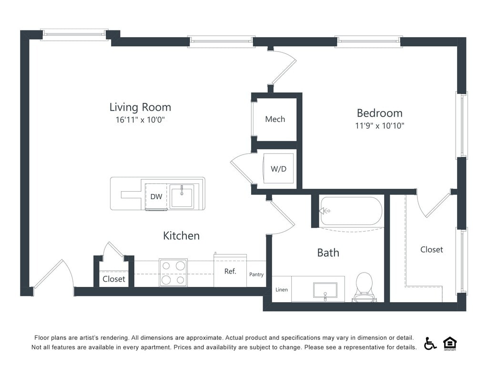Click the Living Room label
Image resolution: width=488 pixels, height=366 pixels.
[x=140, y=107]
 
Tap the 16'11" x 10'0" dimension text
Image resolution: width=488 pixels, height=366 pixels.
[x=140, y=120]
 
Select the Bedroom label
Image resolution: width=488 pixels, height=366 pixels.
[x=379, y=113]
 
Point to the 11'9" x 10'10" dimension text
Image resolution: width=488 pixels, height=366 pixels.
[x=379, y=126]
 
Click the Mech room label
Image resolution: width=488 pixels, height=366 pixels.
[x=275, y=119]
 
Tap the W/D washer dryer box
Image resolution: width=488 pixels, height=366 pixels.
[x=278, y=168]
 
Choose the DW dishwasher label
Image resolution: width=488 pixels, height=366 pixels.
[x=156, y=196]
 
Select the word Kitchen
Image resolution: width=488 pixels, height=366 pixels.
[x=181, y=235]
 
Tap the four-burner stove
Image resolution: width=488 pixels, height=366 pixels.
[x=173, y=273]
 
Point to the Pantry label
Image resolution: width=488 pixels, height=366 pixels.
[x=256, y=274]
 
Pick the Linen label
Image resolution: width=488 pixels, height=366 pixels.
[x=282, y=289]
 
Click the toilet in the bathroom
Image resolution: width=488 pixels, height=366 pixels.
[x=364, y=287]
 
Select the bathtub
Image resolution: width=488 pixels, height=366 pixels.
[x=352, y=211]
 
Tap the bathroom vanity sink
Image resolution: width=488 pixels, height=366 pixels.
[x=325, y=290]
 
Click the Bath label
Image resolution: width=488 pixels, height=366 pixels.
[x=328, y=252]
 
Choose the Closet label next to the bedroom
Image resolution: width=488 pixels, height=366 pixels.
[x=431, y=249]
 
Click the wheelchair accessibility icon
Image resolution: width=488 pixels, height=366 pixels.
[x=430, y=344]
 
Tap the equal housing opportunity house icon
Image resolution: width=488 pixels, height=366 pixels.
[x=449, y=343]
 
